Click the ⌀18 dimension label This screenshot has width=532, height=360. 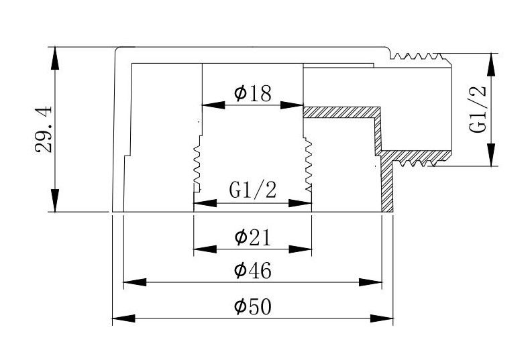(253, 93)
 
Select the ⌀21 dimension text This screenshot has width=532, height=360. (252, 237)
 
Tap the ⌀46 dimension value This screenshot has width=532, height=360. (252, 271)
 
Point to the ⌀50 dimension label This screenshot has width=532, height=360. (252, 306)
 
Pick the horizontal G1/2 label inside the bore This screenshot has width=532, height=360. (253, 190)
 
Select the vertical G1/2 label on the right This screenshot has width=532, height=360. (478, 110)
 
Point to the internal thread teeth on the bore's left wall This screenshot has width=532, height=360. (197, 165)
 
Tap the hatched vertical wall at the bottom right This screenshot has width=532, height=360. (387, 188)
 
